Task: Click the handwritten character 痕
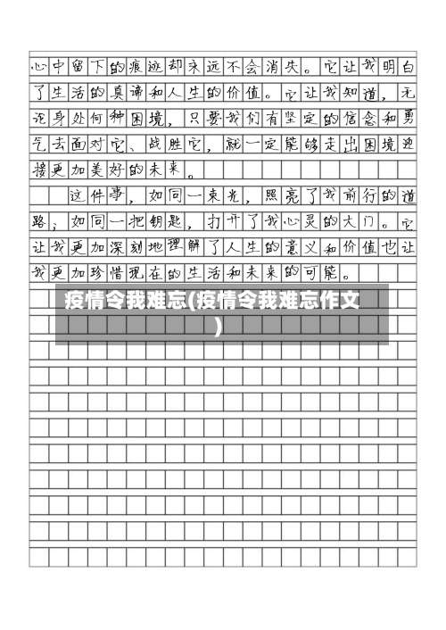[136, 65]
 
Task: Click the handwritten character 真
[117, 91]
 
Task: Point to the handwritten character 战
[156, 143]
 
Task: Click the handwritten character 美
[117, 169]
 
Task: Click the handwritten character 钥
[156, 220]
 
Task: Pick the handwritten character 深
[117, 246]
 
